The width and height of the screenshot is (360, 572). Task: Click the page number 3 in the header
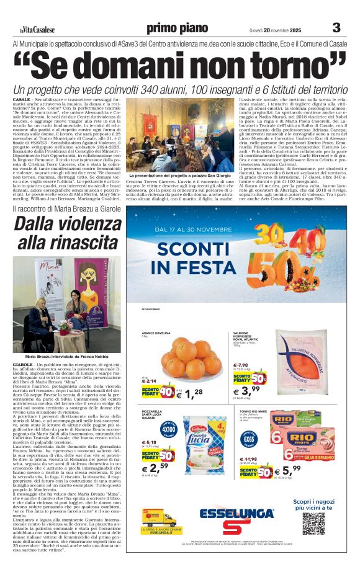click(x=336, y=27)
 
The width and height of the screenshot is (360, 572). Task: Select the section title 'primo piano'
click(x=178, y=28)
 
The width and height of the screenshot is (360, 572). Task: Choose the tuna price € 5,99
click(x=292, y=471)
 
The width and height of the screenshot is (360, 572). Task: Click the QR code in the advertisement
click(x=313, y=523)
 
